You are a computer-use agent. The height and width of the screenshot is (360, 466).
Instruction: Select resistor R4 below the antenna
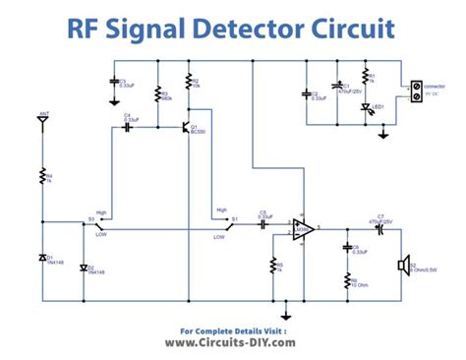(43, 176)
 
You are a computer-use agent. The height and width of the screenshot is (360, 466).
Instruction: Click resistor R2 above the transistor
(188, 83)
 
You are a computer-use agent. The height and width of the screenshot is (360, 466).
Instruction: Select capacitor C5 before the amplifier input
(263, 224)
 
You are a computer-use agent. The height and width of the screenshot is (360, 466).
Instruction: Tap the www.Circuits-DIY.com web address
(233, 342)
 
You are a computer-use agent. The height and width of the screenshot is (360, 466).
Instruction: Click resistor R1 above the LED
(367, 77)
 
